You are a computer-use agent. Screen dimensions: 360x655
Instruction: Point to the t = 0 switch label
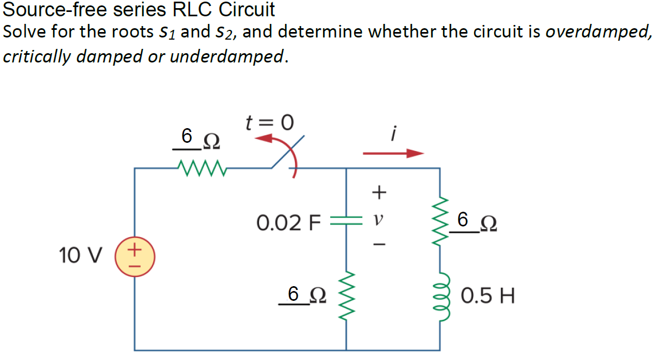pos(269,123)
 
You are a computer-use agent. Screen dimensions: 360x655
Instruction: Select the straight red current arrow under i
pos(393,154)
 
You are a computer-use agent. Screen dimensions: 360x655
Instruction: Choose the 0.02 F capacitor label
pos(289,222)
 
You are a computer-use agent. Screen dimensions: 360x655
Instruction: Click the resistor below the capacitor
pos(346,296)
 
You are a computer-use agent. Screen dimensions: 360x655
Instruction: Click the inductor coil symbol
pos(439,296)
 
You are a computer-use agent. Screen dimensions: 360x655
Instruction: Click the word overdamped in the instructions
pos(597,31)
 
